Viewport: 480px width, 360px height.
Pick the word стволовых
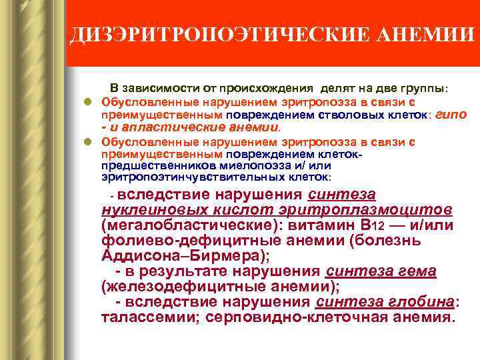point(362,115)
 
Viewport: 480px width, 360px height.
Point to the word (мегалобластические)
point(188,225)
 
